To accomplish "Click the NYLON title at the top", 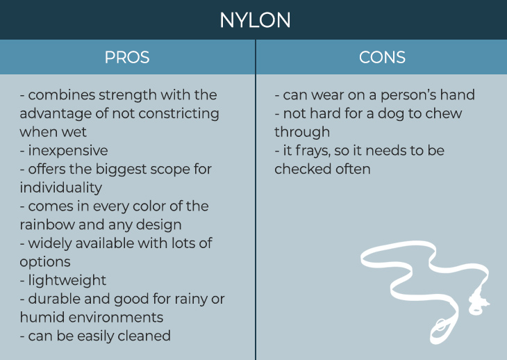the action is pyautogui.click(x=255, y=20).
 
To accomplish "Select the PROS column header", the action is pyautogui.click(x=127, y=57).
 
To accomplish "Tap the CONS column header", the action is pyautogui.click(x=382, y=57).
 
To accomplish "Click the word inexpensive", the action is pyautogui.click(x=68, y=150).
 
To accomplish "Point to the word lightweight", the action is pyautogui.click(x=67, y=281).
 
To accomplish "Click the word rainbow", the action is pyautogui.click(x=47, y=224).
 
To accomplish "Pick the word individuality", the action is pyautogui.click(x=61, y=188).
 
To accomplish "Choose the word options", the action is pyautogui.click(x=45, y=262).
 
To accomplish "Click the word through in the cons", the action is pyautogui.click(x=302, y=132).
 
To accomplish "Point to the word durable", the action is pyautogui.click(x=54, y=299).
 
